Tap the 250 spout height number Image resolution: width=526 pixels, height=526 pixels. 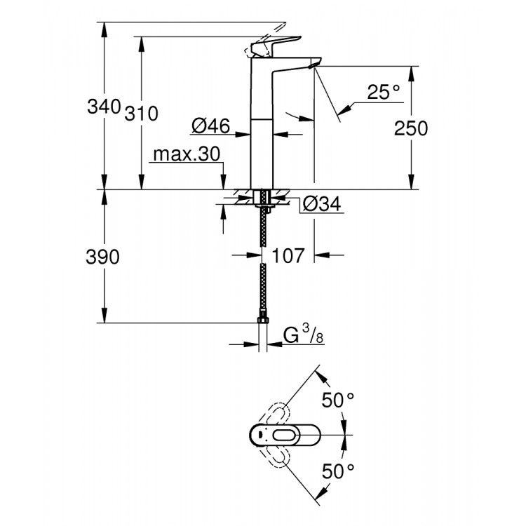pyautogui.click(x=410, y=128)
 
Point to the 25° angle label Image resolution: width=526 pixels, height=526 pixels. pyautogui.click(x=382, y=91)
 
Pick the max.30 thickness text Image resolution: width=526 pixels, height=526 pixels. pyautogui.click(x=187, y=154)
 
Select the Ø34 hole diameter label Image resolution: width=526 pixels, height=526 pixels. pyautogui.click(x=322, y=204)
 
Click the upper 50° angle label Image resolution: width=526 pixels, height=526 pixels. pyautogui.click(x=338, y=400)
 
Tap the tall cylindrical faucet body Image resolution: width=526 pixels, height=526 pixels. pyautogui.click(x=262, y=133)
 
